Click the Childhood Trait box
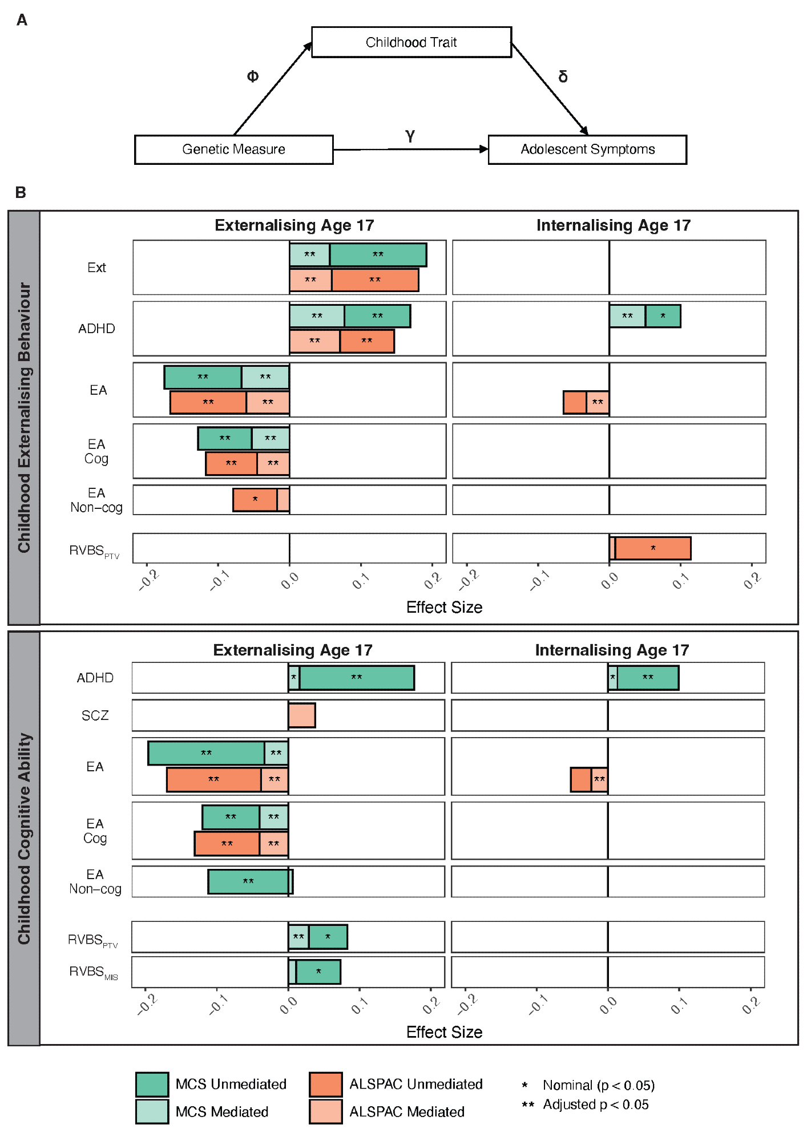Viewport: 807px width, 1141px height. point(411,42)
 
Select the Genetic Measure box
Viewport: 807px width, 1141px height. point(233,149)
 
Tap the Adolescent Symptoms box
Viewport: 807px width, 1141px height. point(587,149)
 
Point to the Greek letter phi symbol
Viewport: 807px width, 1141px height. point(252,76)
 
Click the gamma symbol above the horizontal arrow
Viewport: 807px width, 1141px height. point(410,135)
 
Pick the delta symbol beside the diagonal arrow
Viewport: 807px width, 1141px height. point(563,76)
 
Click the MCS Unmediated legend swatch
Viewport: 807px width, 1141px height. point(152,1084)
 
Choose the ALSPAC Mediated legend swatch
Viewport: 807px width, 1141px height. point(325,1111)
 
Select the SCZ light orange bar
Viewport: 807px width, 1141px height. point(301,715)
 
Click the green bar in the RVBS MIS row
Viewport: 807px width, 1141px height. point(318,972)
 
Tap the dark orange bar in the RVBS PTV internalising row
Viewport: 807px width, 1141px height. point(652,548)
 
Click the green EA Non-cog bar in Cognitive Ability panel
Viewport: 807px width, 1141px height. point(248,881)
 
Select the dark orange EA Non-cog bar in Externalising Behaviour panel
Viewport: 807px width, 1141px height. point(255,500)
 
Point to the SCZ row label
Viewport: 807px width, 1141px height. point(95,715)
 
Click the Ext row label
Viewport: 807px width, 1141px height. point(96,268)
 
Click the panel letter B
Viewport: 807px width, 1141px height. point(21,192)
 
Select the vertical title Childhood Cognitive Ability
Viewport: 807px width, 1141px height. point(24,839)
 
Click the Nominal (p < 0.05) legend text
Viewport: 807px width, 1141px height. point(598,1085)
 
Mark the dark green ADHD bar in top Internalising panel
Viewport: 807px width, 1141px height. point(663,316)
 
